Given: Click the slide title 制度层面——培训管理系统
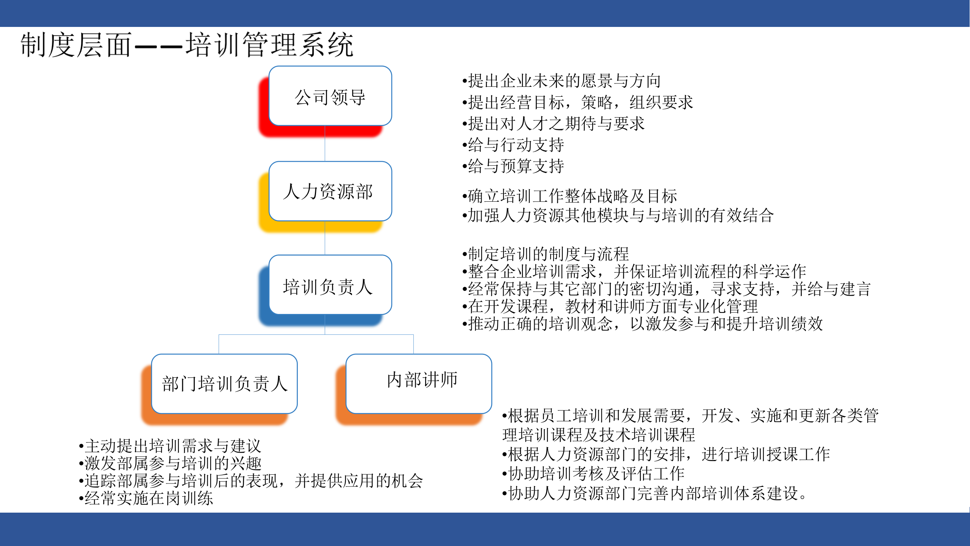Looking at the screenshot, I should [187, 45].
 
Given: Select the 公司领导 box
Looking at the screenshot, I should [330, 96].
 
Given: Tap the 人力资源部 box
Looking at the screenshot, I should [330, 191].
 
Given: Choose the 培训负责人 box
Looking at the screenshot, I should [330, 285].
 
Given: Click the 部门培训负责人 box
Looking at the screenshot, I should [224, 384].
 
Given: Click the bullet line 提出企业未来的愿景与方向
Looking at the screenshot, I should [561, 81].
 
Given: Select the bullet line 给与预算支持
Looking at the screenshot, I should [513, 166].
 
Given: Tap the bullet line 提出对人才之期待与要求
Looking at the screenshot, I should [553, 124].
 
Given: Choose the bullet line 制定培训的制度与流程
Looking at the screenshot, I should [545, 254].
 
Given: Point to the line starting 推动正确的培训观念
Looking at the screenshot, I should [642, 324].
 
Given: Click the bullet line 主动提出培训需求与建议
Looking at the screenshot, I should [170, 446].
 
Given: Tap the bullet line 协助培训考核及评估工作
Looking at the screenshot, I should [594, 474].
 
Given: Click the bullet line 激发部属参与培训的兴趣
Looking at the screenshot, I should [170, 463].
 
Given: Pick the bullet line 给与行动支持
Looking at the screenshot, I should [513, 145].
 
